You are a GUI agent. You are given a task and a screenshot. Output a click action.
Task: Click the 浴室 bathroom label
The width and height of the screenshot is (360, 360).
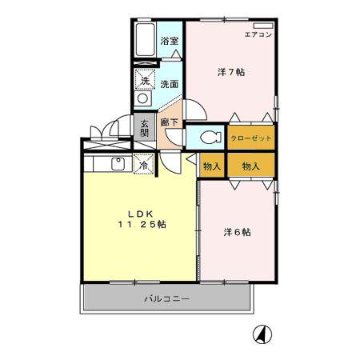[x=168, y=41]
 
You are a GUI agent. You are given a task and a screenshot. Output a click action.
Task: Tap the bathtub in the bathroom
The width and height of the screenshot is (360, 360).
[x=146, y=40]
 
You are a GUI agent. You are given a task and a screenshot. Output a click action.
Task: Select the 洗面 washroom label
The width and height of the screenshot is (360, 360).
[x=168, y=83]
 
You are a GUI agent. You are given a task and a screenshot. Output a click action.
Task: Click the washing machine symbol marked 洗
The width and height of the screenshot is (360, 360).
[x=145, y=80]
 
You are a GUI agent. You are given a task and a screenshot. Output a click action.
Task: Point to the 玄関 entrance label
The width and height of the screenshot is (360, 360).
[x=145, y=129]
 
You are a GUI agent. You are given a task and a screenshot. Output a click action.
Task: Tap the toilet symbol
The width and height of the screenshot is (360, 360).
[x=209, y=137]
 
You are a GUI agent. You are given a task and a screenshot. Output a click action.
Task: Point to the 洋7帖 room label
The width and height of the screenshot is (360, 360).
[x=231, y=72]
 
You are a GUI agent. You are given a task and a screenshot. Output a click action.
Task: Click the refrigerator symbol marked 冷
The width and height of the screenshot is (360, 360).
[x=144, y=166]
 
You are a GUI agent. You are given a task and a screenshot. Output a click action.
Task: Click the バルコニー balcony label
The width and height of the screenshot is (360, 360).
[x=166, y=299]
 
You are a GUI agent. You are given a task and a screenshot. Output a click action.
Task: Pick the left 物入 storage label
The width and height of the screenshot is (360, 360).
[x=211, y=166]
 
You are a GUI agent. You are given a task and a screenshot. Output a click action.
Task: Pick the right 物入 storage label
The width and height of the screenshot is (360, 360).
[x=250, y=166]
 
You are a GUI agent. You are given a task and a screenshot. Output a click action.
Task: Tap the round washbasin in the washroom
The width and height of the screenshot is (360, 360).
[x=143, y=98]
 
